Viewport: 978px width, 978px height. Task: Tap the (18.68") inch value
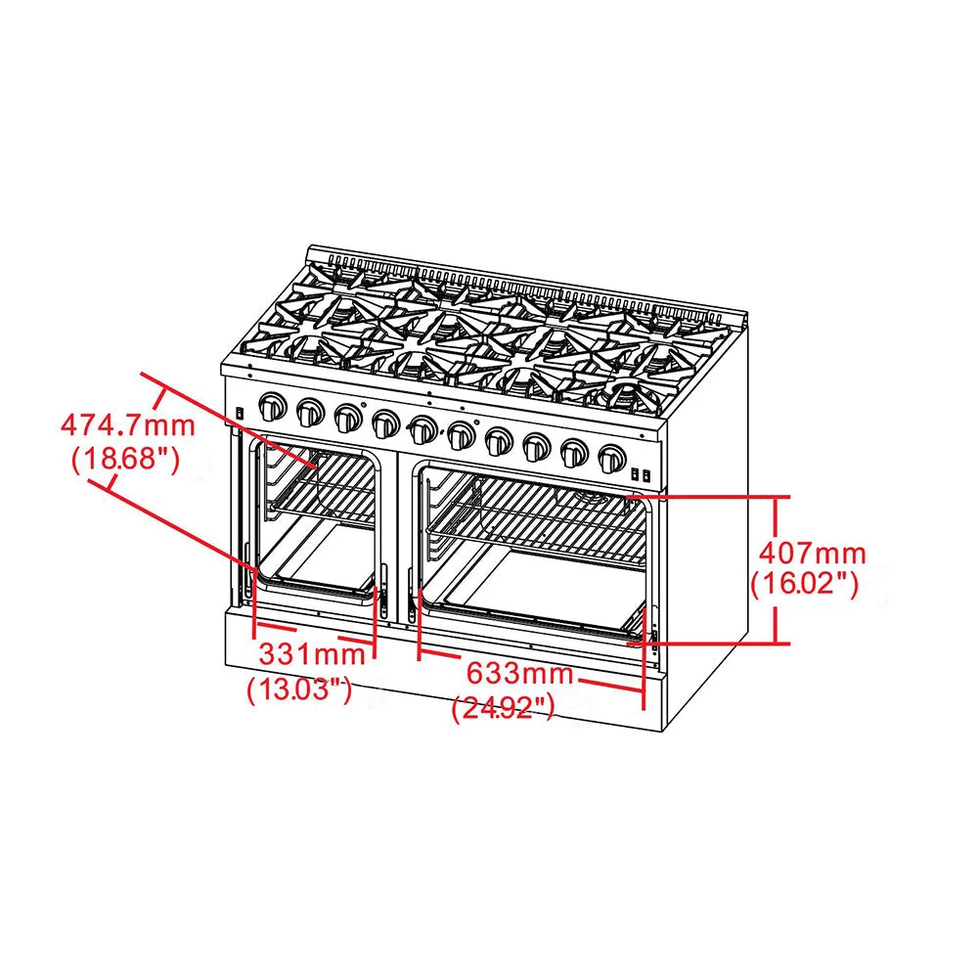point(125,459)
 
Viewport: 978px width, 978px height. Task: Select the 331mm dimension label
point(304,652)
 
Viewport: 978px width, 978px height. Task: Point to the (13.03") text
point(299,689)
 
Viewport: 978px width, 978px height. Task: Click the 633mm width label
point(519,674)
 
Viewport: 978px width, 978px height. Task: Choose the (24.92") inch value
point(504,708)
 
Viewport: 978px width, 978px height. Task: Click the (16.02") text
point(804,585)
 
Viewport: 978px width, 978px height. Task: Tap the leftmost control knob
point(273,406)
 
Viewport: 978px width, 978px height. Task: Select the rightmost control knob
point(612,457)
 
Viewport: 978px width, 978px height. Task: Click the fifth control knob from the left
point(423,429)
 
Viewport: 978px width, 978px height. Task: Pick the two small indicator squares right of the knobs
point(640,473)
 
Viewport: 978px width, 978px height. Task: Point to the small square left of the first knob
point(239,414)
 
